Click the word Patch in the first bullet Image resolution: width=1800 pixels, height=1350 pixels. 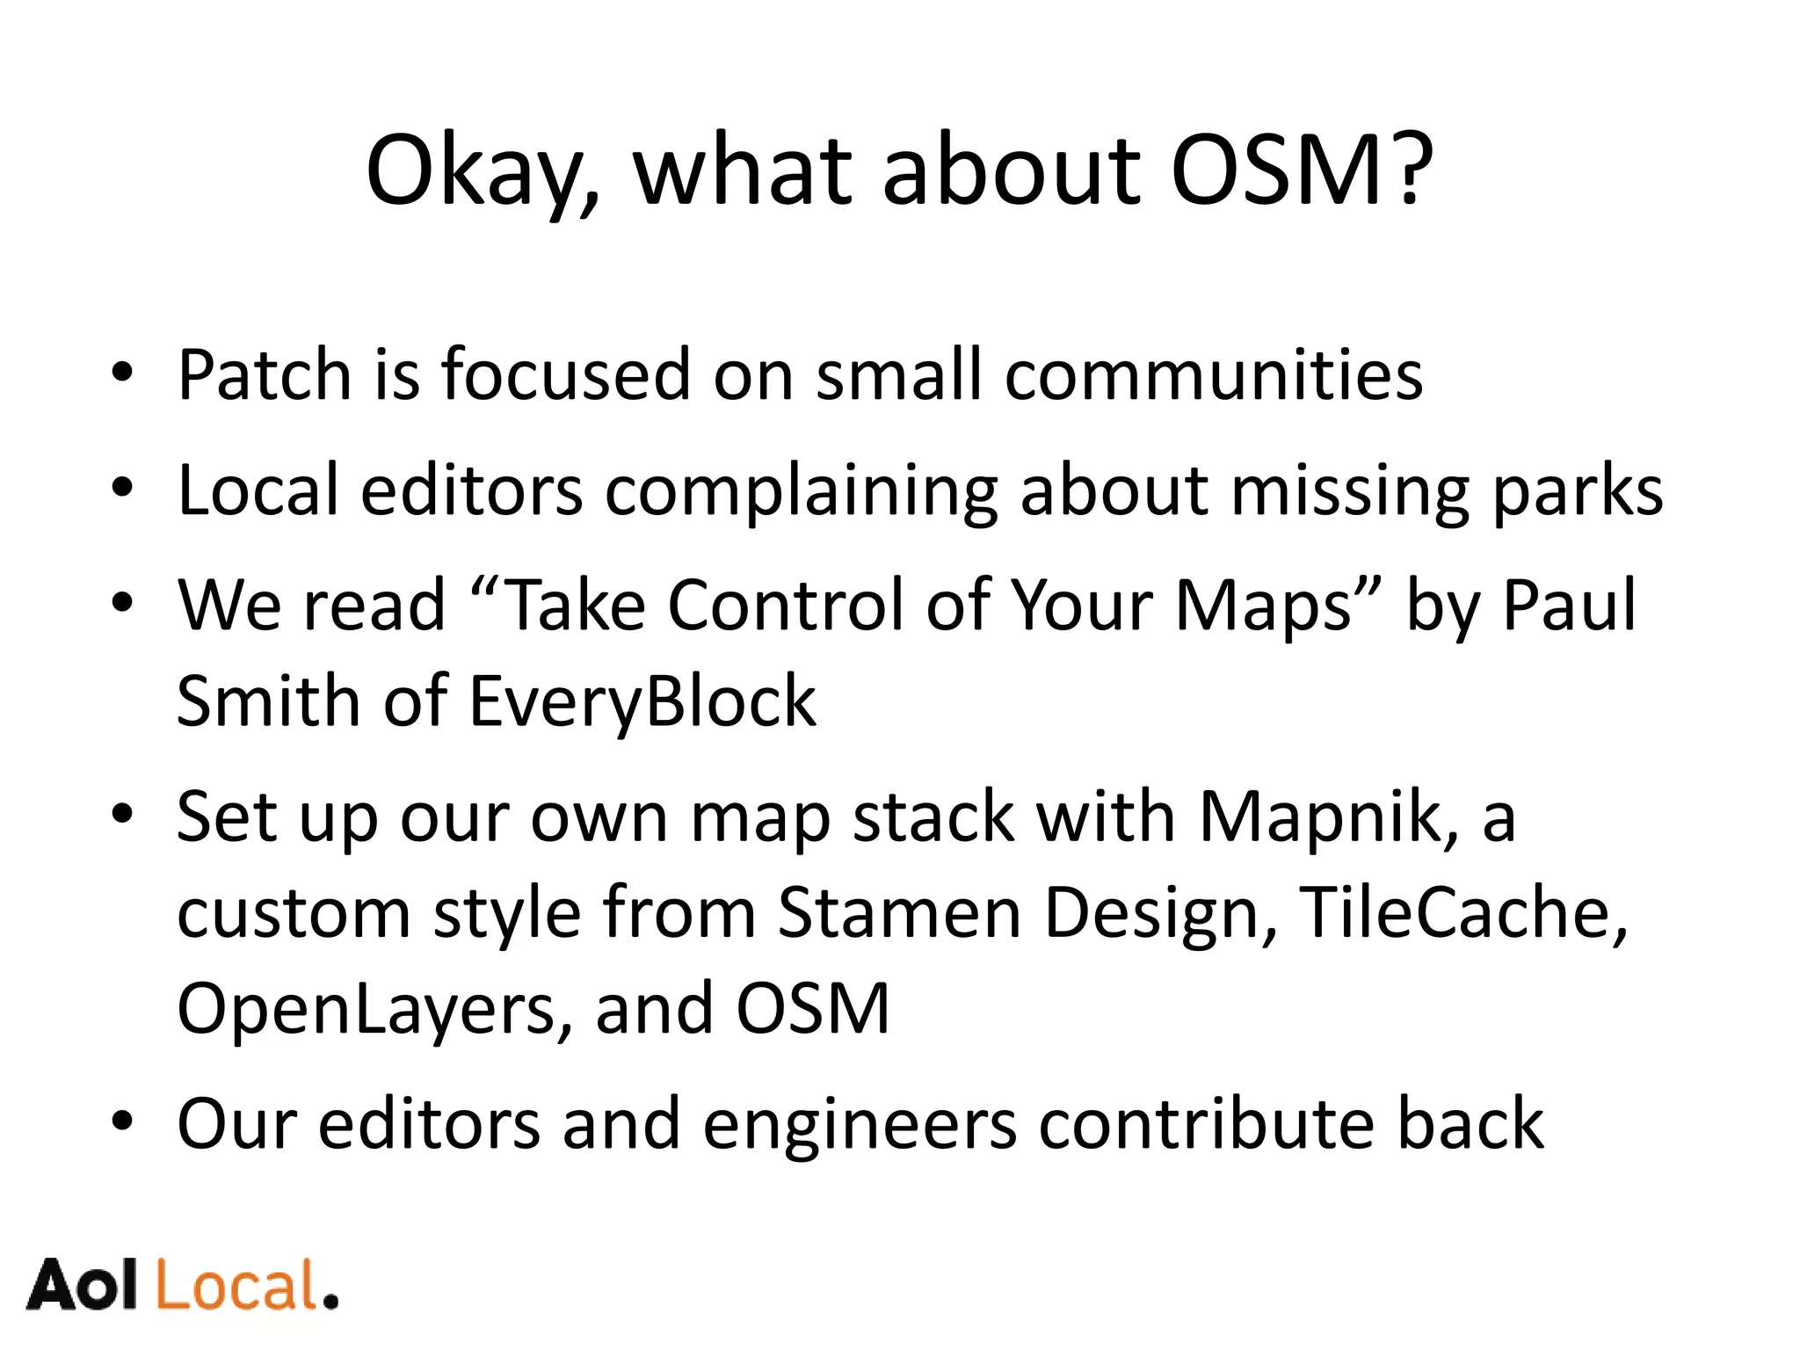(x=264, y=375)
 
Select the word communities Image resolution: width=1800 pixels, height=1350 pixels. (x=1213, y=375)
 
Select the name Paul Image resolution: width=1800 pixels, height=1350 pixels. (x=1569, y=606)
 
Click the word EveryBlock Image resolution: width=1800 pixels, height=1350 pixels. (x=642, y=702)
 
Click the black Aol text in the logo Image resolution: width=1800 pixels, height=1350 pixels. (x=83, y=1286)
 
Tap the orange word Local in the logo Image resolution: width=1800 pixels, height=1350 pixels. (x=237, y=1286)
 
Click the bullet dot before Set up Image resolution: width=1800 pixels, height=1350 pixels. (x=122, y=815)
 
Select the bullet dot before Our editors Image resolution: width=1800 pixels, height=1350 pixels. (x=122, y=1122)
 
